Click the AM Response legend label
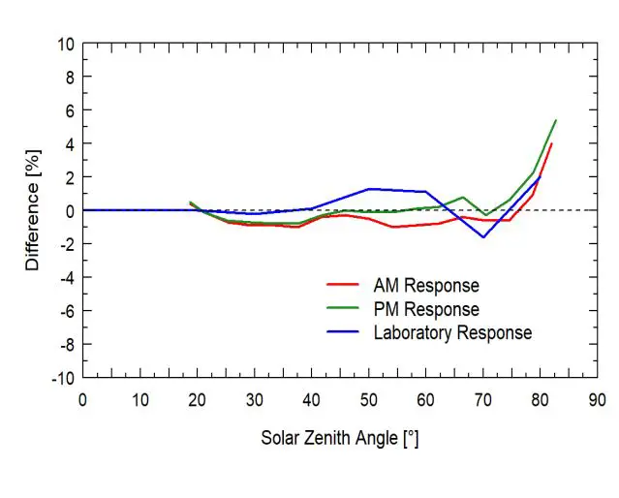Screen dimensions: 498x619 point(426,286)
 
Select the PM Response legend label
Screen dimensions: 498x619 point(426,309)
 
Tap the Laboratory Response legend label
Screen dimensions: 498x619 point(452,332)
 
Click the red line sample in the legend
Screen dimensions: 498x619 point(343,286)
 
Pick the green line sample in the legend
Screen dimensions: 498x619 point(343,309)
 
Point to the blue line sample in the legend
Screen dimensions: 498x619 point(343,332)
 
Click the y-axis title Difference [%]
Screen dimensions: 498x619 point(33,209)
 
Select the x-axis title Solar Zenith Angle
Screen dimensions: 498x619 point(339,438)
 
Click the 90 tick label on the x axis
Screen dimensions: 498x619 point(598,398)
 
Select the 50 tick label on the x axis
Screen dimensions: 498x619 point(368,398)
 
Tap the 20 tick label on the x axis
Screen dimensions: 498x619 point(197,398)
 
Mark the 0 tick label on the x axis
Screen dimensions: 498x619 point(82,398)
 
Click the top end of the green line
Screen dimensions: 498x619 point(555,120)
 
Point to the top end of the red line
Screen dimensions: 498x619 point(551,143)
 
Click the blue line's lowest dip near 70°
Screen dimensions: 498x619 point(484,237)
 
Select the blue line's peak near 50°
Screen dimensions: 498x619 point(369,189)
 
